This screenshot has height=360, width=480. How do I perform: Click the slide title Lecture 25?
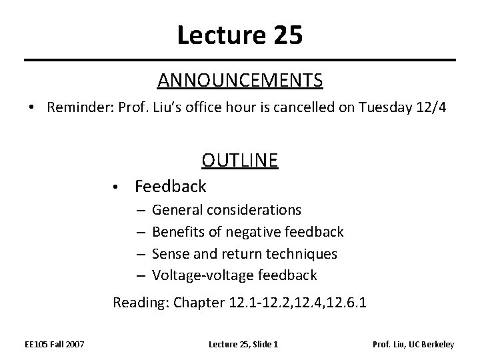240,35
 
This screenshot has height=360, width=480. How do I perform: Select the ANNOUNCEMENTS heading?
240,81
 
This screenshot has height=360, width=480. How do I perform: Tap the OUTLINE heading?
240,161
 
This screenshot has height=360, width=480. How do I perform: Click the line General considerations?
227,210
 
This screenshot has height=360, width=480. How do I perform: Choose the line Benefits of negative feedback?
248,232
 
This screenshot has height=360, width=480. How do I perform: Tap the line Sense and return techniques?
245,253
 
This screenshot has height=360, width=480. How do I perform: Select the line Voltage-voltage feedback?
235,275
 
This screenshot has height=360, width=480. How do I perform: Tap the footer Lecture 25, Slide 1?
243,344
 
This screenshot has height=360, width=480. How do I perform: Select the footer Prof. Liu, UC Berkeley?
413,344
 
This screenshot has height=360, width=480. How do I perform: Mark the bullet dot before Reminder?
32,109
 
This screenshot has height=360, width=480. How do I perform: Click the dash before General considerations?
141,211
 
